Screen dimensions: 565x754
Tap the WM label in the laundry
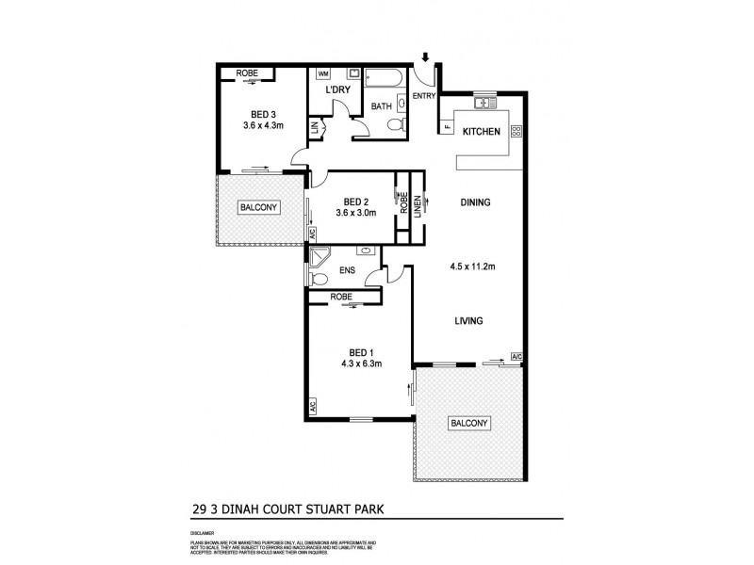point(322,73)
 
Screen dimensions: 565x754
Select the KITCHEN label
point(481,132)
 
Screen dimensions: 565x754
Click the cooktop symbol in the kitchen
point(516,132)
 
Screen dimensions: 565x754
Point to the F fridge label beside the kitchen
point(446,126)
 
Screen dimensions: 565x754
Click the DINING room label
point(476,202)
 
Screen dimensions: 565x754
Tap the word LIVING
point(468,321)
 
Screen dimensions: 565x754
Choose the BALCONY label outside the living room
point(468,424)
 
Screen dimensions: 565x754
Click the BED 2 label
point(355,201)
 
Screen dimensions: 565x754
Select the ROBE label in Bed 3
point(247,73)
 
